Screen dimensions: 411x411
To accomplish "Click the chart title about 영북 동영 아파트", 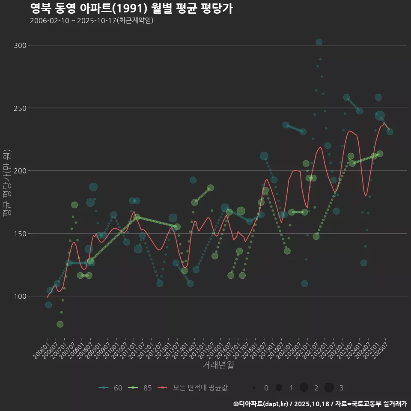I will (x=131, y=9).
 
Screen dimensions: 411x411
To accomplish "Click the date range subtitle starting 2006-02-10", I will (x=92, y=21).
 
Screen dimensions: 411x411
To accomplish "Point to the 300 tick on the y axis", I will (x=21, y=45).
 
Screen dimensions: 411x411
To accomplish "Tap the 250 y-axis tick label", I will (x=21, y=108).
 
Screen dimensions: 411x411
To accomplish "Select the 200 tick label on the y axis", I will (x=21, y=171).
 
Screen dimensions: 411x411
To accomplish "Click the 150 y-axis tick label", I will (x=21, y=233).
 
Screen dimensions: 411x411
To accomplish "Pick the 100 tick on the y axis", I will (x=21, y=296).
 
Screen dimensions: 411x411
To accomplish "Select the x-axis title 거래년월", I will (x=218, y=365).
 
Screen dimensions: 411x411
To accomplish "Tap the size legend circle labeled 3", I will (x=329, y=388).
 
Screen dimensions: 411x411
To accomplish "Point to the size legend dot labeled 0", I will (x=254, y=388).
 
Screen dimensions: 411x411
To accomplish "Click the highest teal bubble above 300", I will (x=319, y=42).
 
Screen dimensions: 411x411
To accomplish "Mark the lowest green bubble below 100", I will (x=60, y=324).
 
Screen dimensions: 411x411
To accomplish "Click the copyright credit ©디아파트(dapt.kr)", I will (x=261, y=404).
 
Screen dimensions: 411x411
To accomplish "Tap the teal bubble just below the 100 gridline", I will (x=48, y=305).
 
